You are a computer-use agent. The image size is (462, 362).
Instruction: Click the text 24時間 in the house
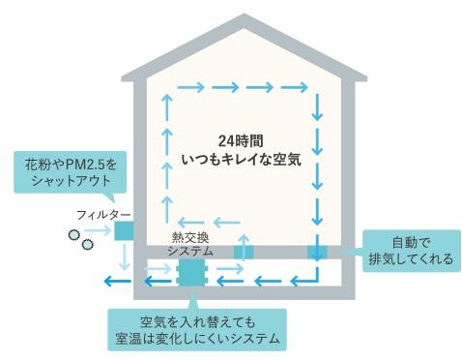click(241, 141)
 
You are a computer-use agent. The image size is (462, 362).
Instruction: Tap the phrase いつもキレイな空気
click(241, 160)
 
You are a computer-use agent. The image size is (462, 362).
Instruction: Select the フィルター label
click(103, 215)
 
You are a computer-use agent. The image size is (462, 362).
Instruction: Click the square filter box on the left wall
click(124, 230)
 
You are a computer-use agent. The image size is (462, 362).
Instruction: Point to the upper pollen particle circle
click(74, 234)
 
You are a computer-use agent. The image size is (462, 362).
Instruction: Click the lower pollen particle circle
click(87, 245)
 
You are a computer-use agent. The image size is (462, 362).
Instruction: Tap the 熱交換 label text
click(190, 237)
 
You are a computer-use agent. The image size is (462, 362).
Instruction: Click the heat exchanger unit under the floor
click(191, 272)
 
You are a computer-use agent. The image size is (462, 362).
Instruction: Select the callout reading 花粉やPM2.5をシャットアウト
click(71, 172)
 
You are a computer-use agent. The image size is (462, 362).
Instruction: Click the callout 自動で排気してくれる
click(412, 251)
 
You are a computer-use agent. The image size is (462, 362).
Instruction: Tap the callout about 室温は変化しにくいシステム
click(197, 329)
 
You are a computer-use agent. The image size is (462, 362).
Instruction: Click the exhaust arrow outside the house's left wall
click(118, 282)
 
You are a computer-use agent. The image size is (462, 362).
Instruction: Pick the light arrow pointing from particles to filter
click(98, 230)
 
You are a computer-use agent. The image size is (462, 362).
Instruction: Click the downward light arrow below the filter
click(124, 256)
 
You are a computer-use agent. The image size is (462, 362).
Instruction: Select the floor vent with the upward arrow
click(244, 252)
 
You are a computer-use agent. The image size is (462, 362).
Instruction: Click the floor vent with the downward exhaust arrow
click(317, 252)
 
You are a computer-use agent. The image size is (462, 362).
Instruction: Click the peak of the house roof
click(245, 15)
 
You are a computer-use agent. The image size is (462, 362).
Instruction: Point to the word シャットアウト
click(71, 181)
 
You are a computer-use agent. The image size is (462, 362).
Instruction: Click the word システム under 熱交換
click(190, 251)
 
